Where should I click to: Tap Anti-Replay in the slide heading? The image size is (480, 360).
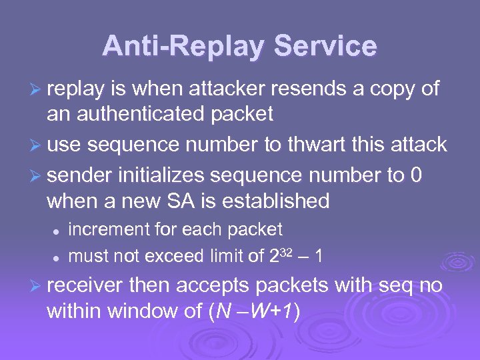click(183, 47)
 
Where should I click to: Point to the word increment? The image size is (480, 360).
click(110, 229)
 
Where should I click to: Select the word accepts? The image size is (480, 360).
click(217, 285)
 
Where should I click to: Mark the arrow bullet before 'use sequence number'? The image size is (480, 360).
click(37, 145)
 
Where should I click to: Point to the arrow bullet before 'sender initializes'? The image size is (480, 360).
click(37, 175)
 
